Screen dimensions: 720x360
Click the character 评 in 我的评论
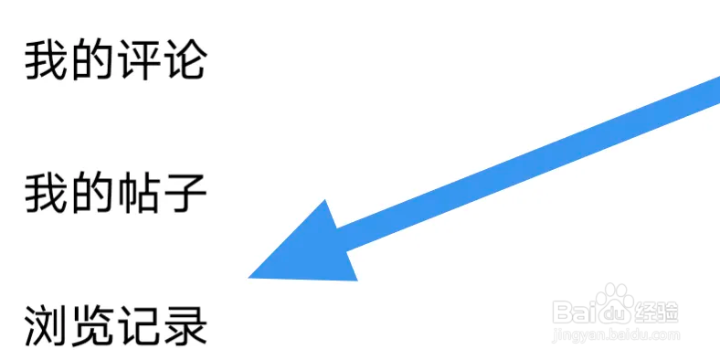point(139,60)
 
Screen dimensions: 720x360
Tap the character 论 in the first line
point(185,60)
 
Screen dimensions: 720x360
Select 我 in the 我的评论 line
point(46,60)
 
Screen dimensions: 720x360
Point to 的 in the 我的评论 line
point(92,60)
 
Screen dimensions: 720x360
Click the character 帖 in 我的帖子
point(139,194)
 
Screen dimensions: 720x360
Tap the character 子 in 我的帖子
point(185,194)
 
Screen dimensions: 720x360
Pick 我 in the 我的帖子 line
point(46,194)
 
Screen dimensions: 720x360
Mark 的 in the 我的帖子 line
point(92,194)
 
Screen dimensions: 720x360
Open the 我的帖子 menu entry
point(115,194)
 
